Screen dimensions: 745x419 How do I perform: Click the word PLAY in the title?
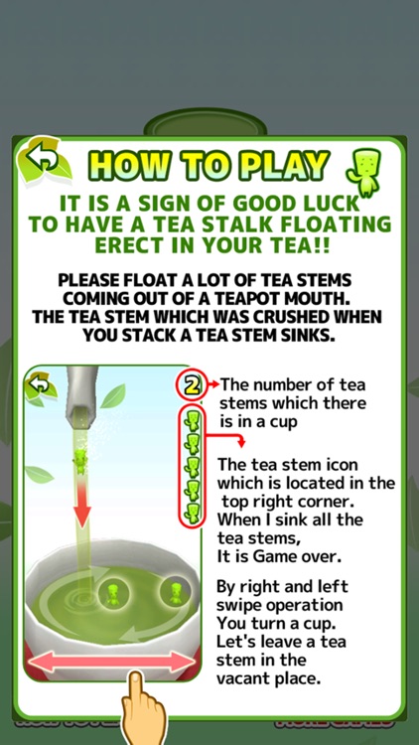pos(282,164)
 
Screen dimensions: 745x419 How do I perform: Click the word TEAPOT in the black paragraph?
pos(247,299)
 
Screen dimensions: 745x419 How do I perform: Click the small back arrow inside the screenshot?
pos(40,383)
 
